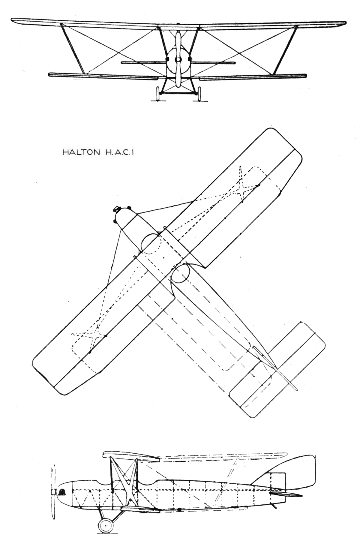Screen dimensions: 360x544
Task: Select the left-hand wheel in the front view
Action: coord(157,94)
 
